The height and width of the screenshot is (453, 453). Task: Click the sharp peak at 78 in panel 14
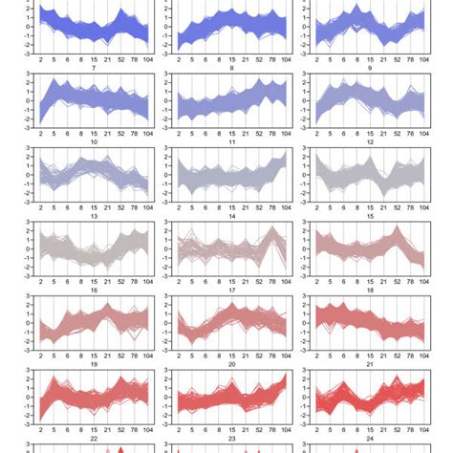coord(270,228)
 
